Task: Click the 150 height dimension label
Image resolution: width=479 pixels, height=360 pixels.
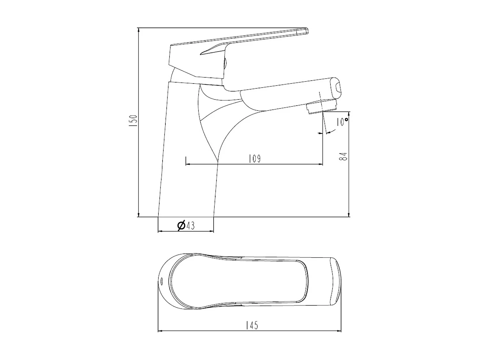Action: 134,121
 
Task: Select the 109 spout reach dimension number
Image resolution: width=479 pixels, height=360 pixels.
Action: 255,159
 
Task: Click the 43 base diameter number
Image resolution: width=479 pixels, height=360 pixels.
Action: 190,226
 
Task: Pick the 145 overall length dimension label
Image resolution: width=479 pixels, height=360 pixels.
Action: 252,325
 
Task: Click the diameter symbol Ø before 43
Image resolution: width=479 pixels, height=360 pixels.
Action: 181,226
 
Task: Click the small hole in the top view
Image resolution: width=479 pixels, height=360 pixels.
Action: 161,281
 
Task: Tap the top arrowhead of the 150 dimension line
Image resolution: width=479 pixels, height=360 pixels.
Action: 139,30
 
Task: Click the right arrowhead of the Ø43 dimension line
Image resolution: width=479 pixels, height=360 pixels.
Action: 211,231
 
